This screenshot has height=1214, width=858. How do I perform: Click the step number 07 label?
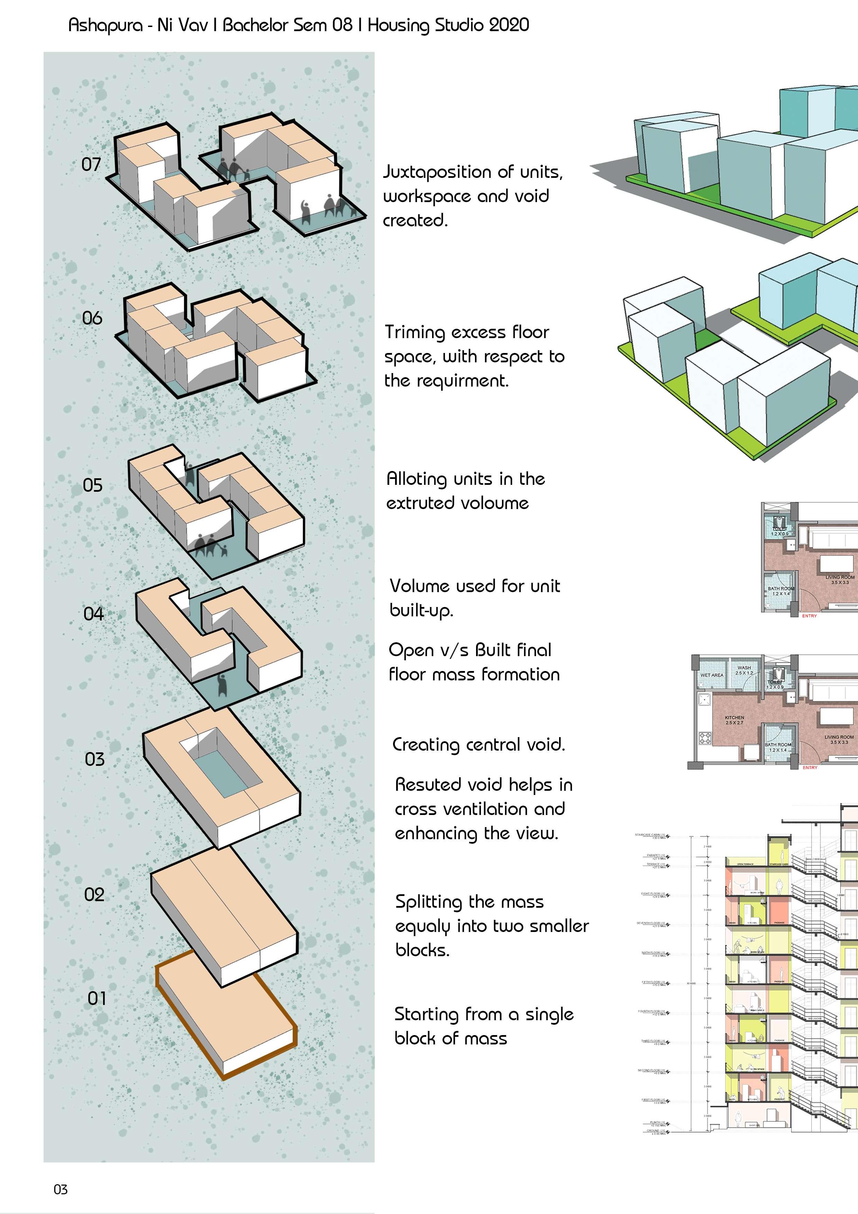click(91, 164)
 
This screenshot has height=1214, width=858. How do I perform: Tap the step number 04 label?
click(93, 614)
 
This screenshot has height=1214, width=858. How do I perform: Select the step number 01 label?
click(97, 998)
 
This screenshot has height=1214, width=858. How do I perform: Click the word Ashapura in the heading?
click(106, 25)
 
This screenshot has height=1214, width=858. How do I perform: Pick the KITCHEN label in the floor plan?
click(734, 717)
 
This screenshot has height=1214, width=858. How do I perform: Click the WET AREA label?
click(712, 675)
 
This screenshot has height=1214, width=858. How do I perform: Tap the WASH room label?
click(744, 668)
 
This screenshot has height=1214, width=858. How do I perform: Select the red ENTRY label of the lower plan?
click(810, 767)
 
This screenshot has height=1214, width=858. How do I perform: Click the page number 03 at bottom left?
click(60, 1190)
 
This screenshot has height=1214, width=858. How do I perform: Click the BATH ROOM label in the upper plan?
click(781, 589)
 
